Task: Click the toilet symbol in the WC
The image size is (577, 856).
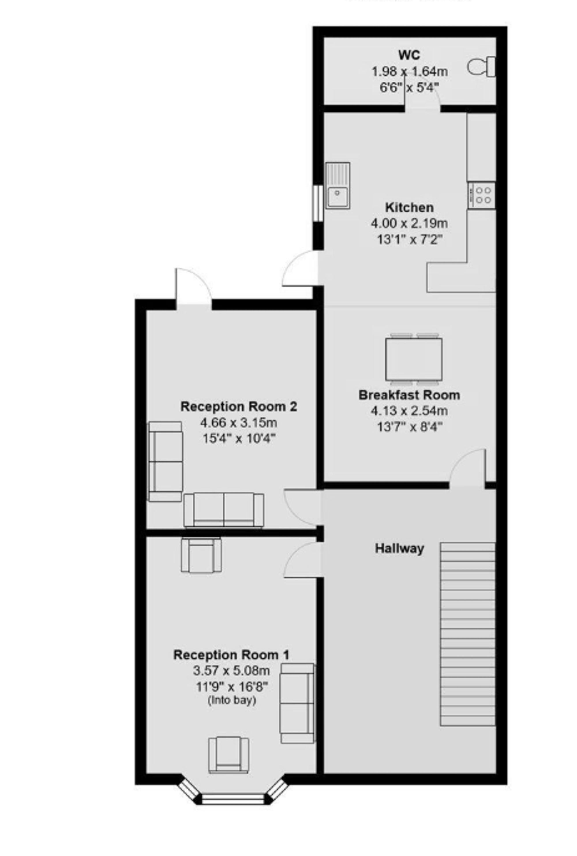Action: [x=482, y=67]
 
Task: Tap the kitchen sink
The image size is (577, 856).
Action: [x=338, y=185]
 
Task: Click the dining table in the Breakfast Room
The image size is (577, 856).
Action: [x=414, y=359]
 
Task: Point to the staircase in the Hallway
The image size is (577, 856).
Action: [x=468, y=634]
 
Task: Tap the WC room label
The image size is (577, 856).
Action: [x=409, y=55]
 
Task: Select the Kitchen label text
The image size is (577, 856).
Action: [x=409, y=207]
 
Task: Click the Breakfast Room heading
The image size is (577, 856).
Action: [x=409, y=395]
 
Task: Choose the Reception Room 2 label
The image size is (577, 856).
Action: [x=239, y=407]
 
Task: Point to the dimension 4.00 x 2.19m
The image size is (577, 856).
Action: [x=409, y=223]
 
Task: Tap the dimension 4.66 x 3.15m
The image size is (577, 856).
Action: [x=239, y=423]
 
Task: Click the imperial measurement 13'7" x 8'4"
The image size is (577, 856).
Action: [x=409, y=427]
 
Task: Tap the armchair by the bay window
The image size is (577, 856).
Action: [x=228, y=754]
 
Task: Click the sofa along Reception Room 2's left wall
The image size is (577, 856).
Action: [x=166, y=461]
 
